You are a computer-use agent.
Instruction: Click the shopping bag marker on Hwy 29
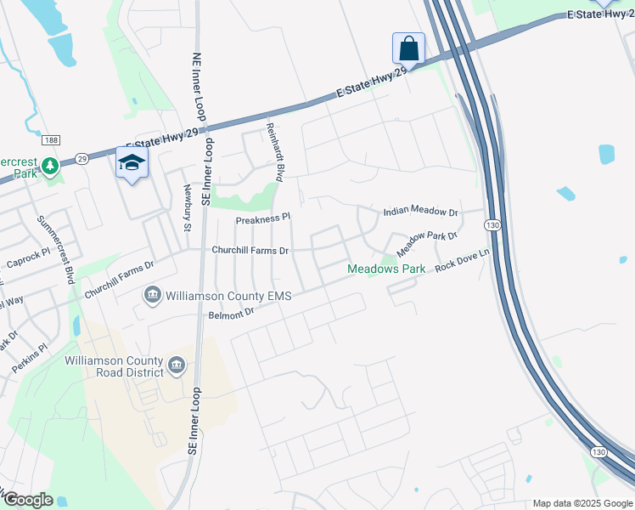[x=408, y=48]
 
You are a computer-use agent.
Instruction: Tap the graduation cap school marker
[x=132, y=163]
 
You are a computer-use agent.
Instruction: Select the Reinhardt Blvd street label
[x=274, y=150]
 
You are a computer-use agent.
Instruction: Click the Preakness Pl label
[x=263, y=218]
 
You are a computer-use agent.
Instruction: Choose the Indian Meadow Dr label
[x=420, y=212]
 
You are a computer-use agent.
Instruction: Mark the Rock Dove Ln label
[x=463, y=260]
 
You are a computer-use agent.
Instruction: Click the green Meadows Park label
[x=386, y=269]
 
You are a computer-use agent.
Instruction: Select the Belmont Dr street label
[x=232, y=314]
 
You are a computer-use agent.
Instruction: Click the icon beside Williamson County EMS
[x=152, y=295]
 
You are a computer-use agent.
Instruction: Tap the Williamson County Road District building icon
[x=176, y=366]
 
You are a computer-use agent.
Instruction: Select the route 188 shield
[x=53, y=140]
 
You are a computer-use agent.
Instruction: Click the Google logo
[x=28, y=500]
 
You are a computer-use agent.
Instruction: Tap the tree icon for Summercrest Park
[x=50, y=164]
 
